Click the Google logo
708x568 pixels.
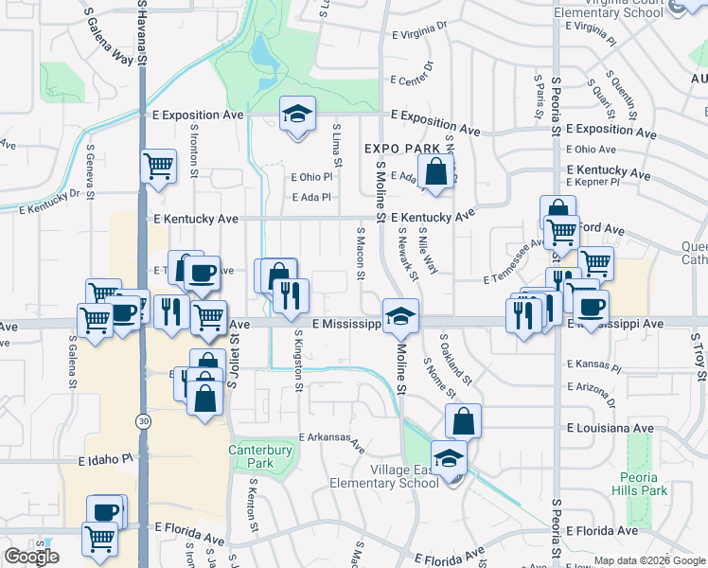pos(31,557)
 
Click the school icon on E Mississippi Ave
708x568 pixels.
pos(401,315)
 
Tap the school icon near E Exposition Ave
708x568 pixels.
pos(297,115)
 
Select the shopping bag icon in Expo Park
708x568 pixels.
pos(435,173)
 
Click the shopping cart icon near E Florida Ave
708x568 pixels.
pos(99,540)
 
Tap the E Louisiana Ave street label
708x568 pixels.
pos(610,429)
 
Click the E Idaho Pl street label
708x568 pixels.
pos(111,459)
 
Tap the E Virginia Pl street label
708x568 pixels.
pos(418,33)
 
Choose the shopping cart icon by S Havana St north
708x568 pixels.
pos(158,166)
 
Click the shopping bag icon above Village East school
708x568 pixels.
pos(463,420)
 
